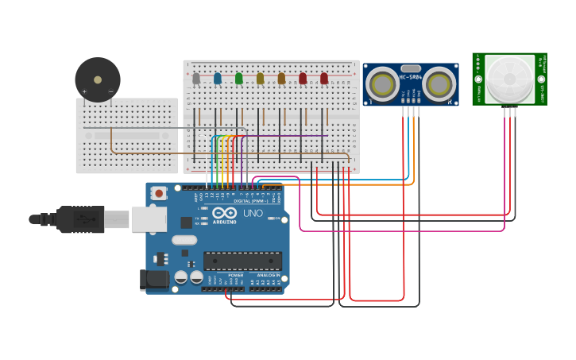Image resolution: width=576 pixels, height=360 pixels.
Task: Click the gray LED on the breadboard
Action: (196, 78)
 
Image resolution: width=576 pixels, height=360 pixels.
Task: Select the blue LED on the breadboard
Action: (218, 78)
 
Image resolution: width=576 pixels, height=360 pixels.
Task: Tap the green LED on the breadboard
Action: (238, 78)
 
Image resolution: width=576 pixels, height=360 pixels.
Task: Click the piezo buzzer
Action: (98, 79)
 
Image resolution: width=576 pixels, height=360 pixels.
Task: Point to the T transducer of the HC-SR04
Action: (382, 83)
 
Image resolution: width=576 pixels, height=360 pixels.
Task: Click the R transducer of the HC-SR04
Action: (439, 83)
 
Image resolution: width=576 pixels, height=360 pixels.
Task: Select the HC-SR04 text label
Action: (410, 77)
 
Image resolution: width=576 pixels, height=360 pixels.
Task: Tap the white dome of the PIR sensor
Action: (509, 78)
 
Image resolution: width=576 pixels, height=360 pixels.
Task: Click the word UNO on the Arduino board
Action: (253, 213)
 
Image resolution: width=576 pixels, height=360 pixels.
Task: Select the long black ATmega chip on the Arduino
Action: (242, 261)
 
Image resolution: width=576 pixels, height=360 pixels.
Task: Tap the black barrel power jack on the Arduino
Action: (154, 279)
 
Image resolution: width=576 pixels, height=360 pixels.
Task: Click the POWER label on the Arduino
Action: (225, 275)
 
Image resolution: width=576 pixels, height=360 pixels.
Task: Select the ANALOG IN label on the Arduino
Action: (269, 275)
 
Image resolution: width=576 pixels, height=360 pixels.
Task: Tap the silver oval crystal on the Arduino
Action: (184, 241)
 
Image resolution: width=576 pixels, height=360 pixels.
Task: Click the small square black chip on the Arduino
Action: (186, 223)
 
